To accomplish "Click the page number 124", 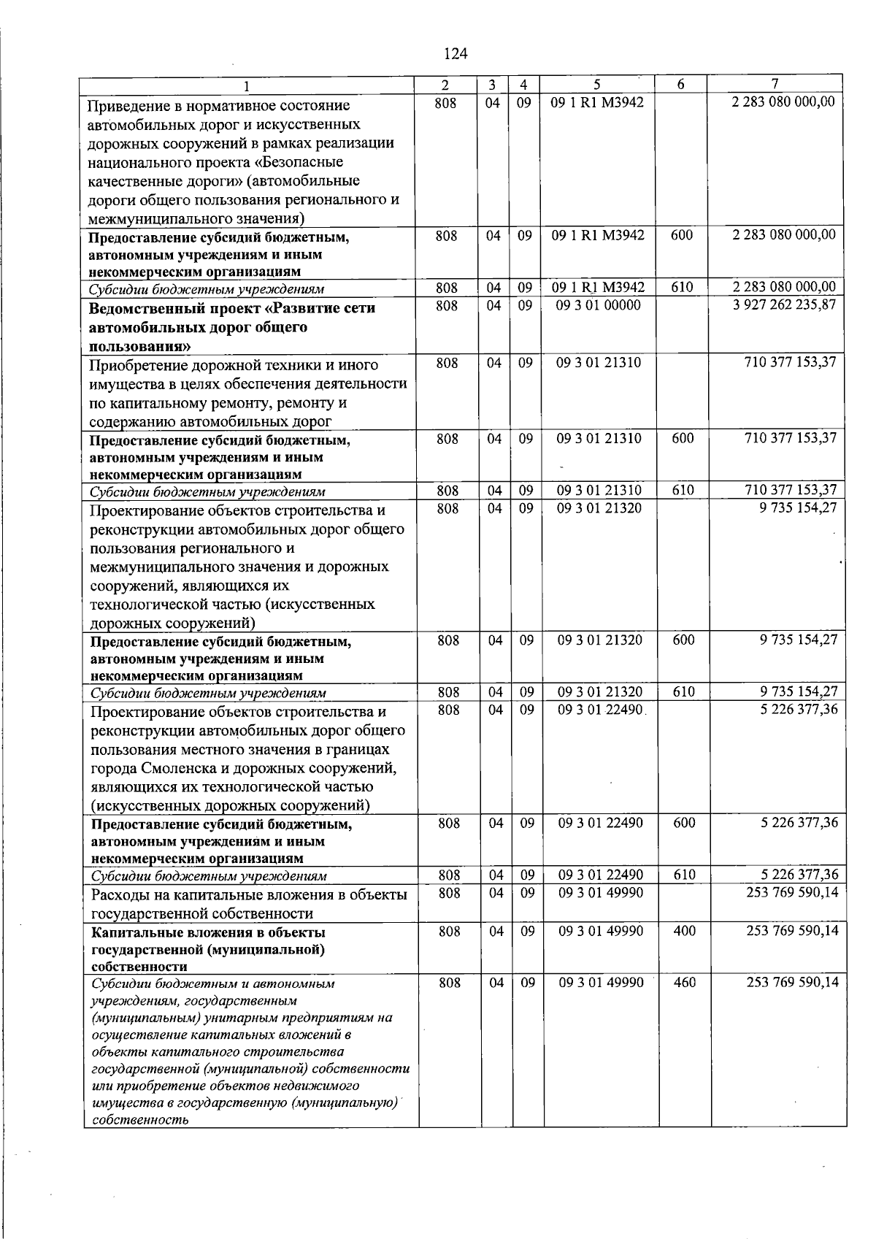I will (455, 53).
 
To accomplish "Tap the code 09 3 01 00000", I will (599, 305).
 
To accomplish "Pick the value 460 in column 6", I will (684, 983).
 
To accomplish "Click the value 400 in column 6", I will (684, 931).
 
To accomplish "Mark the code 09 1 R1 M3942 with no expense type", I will (598, 103).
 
